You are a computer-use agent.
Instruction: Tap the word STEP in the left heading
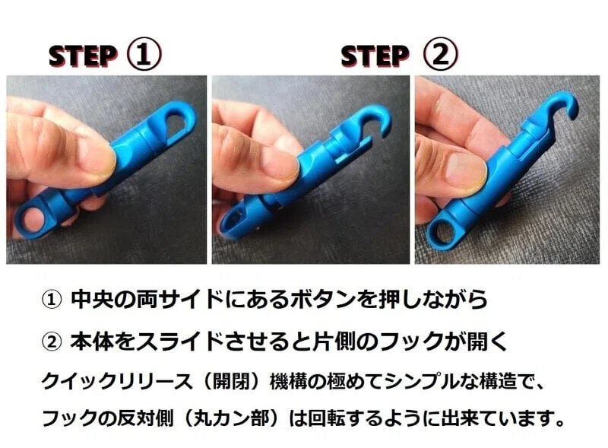pos(82,56)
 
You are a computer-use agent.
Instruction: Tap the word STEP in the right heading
pos(375,56)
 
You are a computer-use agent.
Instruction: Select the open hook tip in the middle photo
pos(385,132)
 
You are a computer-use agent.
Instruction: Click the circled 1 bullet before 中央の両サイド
pos(51,300)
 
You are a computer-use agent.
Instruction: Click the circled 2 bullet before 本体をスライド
pos(51,341)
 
